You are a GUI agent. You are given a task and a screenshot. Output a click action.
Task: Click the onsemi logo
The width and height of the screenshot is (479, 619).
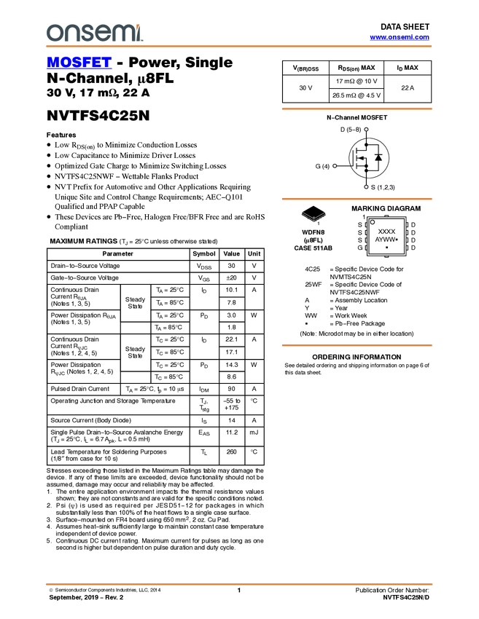(x=94, y=33)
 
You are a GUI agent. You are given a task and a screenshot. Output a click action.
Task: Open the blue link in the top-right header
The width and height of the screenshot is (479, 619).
(x=400, y=37)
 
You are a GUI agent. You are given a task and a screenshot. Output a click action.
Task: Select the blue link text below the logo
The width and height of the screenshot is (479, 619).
(x=79, y=63)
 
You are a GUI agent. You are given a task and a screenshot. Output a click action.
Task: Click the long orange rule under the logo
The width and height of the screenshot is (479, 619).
(x=239, y=47)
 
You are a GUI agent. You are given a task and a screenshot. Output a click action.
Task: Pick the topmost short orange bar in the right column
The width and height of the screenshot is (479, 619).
(x=357, y=109)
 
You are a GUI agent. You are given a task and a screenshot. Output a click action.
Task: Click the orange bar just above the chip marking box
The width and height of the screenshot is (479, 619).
(x=357, y=199)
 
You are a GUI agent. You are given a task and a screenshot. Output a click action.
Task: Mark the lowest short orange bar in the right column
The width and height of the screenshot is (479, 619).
(x=357, y=345)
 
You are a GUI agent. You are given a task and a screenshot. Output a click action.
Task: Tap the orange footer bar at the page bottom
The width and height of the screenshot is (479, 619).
(x=239, y=584)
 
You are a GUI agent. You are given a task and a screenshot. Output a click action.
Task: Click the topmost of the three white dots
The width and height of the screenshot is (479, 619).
(x=366, y=130)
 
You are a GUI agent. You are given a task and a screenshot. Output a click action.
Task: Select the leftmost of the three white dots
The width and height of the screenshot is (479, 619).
(x=335, y=166)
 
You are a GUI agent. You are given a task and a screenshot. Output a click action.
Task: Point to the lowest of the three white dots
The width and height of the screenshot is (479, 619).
(x=366, y=187)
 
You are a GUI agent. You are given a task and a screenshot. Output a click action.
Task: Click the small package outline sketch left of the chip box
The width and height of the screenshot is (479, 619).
(x=313, y=216)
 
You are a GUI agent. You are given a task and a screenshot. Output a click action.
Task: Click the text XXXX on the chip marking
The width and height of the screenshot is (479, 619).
(x=386, y=231)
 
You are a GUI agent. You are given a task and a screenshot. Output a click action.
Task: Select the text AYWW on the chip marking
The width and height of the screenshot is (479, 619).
(x=384, y=239)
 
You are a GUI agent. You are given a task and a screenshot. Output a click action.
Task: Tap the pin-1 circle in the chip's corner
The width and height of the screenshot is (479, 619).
(x=373, y=222)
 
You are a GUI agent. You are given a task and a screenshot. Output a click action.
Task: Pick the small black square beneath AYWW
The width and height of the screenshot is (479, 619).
(x=386, y=248)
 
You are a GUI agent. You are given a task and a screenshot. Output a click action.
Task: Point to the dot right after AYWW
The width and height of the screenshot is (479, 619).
(x=397, y=239)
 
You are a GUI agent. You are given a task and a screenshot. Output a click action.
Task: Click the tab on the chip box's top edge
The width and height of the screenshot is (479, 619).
(x=386, y=217)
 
